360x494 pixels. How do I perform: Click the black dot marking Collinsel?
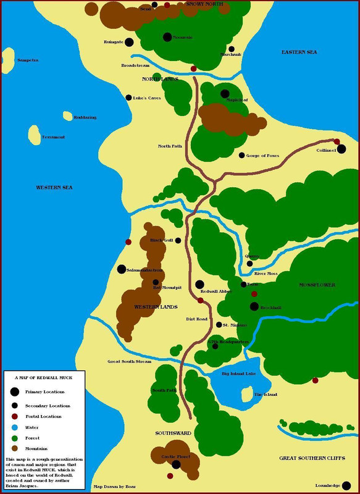tap(341, 149)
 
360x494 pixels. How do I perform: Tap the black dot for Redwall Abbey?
tap(199, 285)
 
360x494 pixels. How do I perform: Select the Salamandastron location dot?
tap(122, 269)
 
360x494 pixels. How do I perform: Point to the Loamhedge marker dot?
tap(346, 485)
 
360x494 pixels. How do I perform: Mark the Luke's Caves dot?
tap(128, 98)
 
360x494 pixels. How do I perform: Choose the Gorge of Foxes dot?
tap(241, 155)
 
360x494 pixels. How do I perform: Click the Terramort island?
tap(35, 133)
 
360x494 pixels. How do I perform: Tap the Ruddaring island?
tap(67, 115)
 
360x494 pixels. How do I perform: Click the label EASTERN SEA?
tap(299, 52)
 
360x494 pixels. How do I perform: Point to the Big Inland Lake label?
tap(238, 374)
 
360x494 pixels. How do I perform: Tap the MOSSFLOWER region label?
tap(317, 285)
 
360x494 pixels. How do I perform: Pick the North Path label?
tap(170, 146)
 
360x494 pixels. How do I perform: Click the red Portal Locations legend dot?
tap(14, 417)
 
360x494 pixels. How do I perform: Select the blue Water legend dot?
tap(14, 427)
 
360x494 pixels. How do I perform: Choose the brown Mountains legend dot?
tap(14, 448)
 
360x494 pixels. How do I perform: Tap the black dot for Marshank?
tap(232, 49)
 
